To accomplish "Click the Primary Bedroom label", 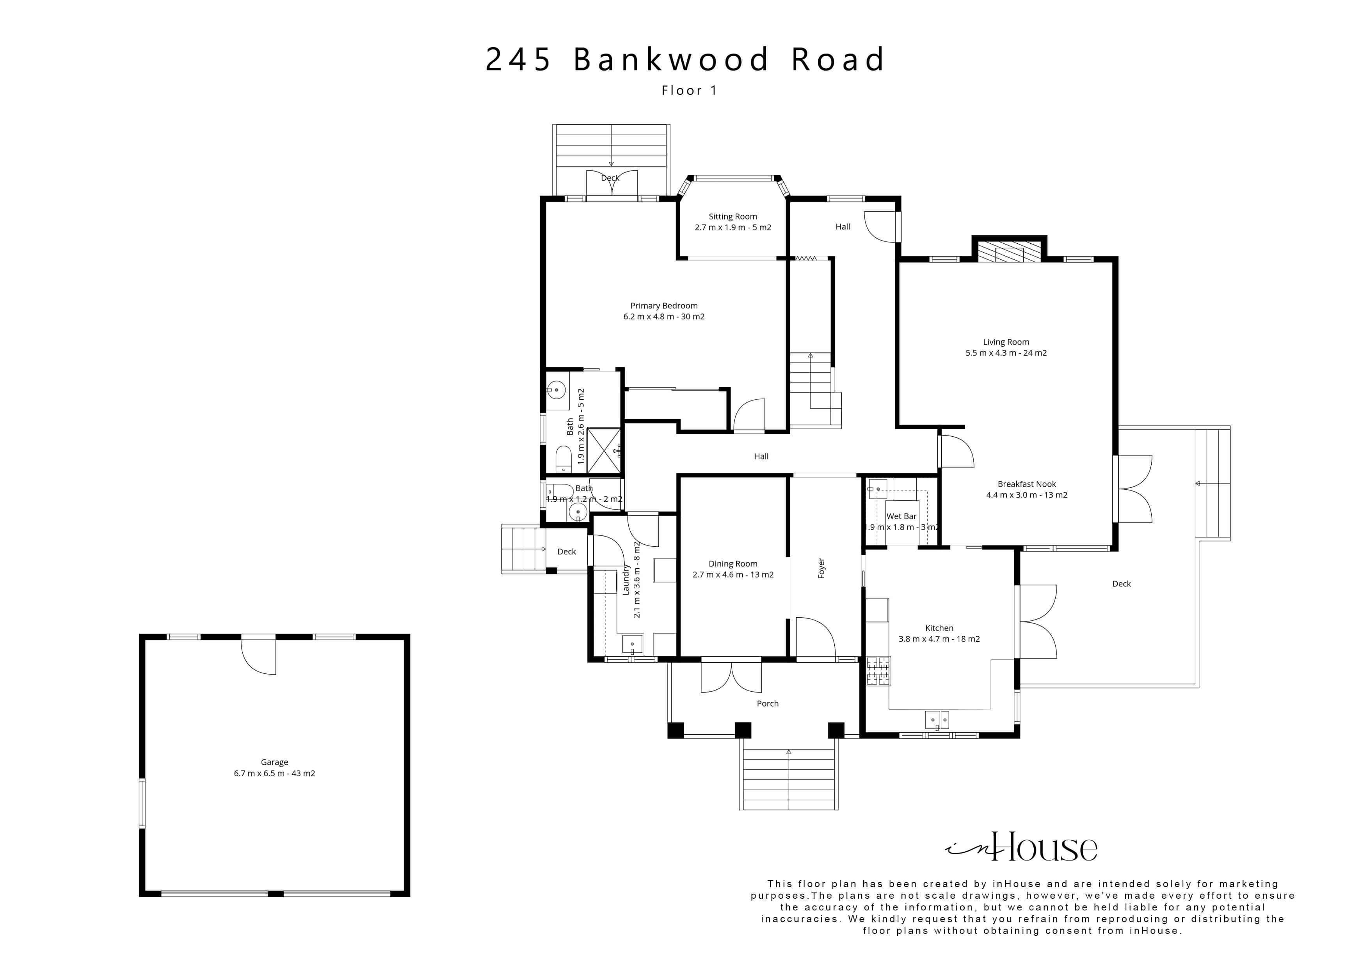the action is (664, 306).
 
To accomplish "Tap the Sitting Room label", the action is (733, 217).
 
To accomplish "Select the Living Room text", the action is (1006, 342).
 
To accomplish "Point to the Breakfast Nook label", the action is (1027, 484).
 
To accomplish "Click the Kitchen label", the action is (939, 628).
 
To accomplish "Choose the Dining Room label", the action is (733, 564).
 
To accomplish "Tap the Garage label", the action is (274, 762).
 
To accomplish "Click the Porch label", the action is (767, 704).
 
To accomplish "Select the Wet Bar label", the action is (901, 517).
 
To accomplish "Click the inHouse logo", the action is (1021, 847).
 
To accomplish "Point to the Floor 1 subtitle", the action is (689, 90).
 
